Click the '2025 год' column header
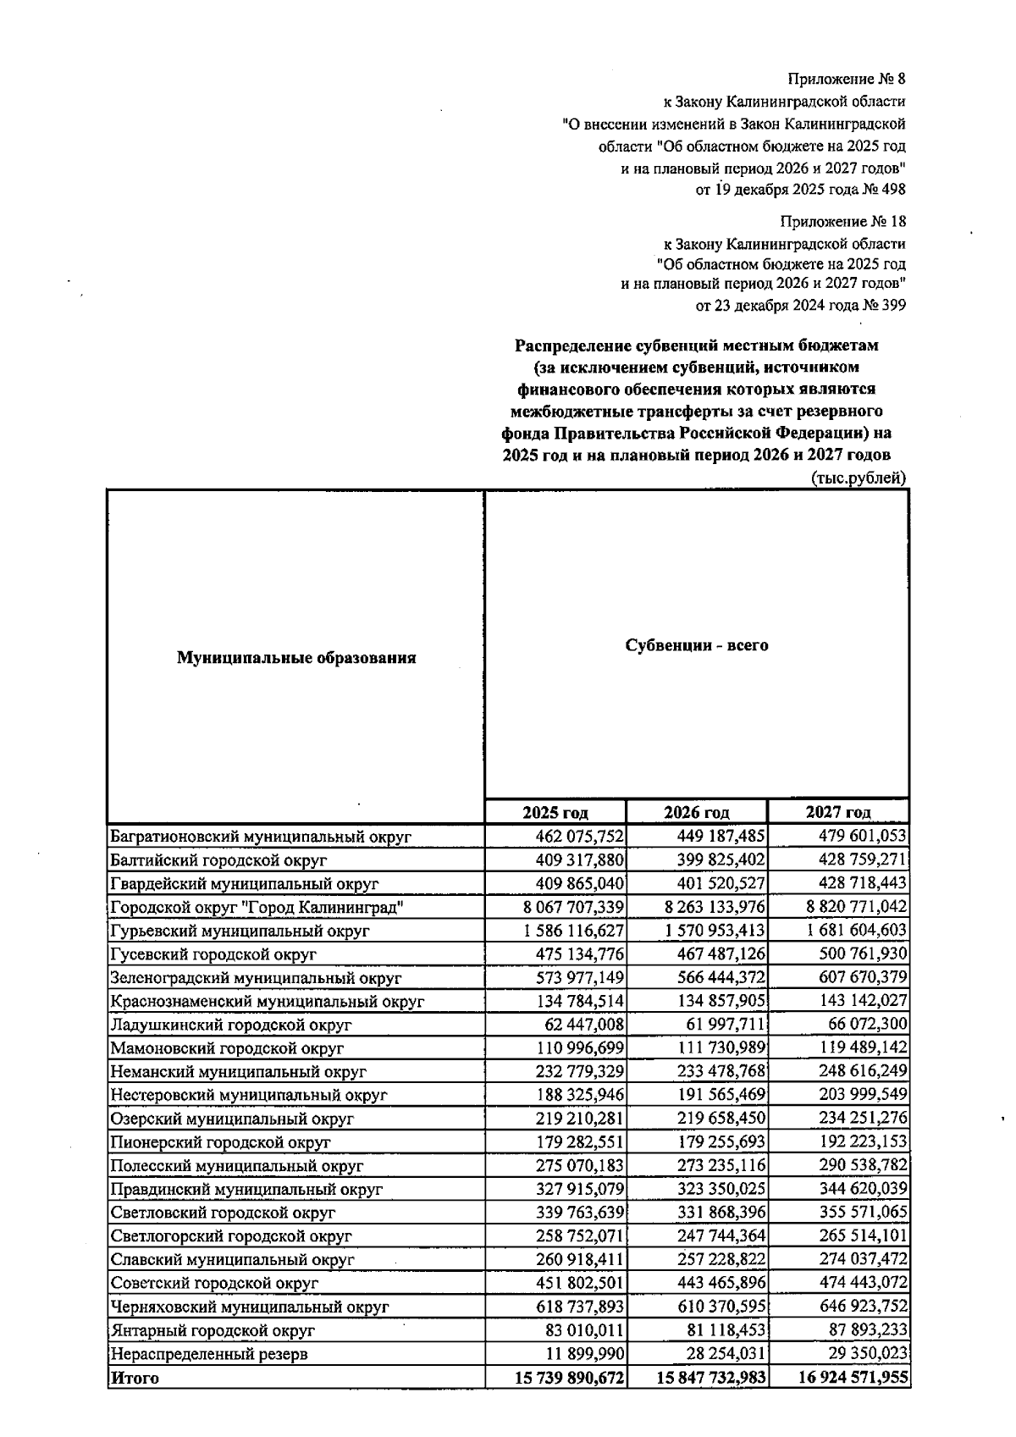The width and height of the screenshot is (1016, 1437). (555, 813)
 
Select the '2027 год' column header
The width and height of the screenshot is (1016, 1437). (838, 813)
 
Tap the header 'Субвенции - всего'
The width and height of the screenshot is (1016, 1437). (697, 645)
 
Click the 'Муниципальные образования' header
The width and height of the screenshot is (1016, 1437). (296, 658)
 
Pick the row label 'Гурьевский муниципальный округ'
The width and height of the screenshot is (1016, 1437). (240, 931)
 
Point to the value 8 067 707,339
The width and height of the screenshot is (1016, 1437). (573, 908)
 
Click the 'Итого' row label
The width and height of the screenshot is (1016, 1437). (135, 1378)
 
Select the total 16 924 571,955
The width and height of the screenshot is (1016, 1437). (853, 1378)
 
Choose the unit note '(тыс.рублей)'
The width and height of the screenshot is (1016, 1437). (859, 478)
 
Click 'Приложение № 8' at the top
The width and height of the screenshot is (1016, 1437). (846, 80)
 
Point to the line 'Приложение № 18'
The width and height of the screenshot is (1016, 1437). (842, 222)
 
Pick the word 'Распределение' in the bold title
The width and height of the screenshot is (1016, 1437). (572, 346)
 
